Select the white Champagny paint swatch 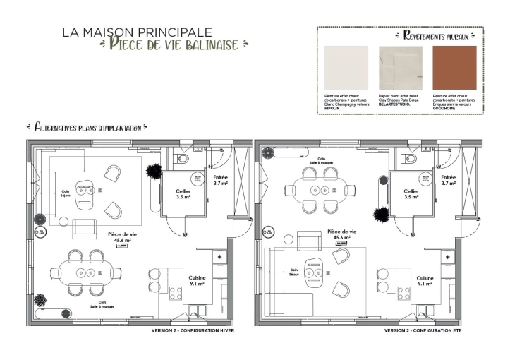click(346, 68)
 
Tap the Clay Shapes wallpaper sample click(399, 68)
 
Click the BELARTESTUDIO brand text click(394, 104)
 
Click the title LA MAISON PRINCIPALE click(137, 32)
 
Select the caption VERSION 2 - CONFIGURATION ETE click(423, 330)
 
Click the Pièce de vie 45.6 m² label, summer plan click(342, 234)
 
